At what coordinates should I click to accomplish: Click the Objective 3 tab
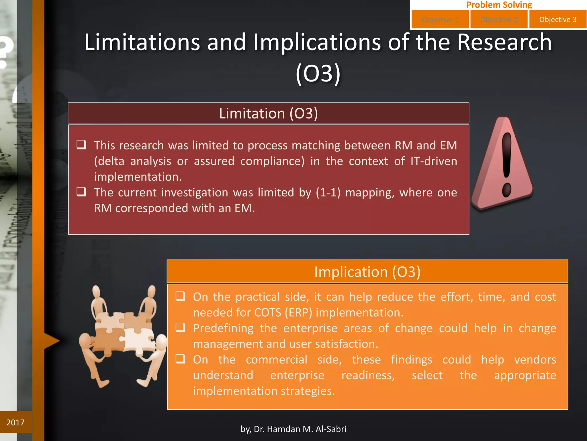tap(557, 20)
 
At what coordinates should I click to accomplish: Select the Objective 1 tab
tap(440, 20)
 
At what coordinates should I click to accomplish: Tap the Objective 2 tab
tap(499, 20)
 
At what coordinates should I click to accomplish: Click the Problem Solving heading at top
tap(499, 5)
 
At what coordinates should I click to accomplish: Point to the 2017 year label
tap(15, 422)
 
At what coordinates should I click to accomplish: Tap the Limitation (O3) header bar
tap(268, 113)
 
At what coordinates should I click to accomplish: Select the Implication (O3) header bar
tap(367, 272)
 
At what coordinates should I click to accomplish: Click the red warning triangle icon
tap(503, 164)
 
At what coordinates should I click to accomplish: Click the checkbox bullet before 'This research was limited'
tap(81, 144)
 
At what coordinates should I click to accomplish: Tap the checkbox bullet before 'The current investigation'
tap(81, 192)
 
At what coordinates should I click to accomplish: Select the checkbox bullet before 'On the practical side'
tap(180, 296)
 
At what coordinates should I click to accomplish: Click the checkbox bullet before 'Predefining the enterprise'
tap(180, 327)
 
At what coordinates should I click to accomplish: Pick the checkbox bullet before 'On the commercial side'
tap(180, 359)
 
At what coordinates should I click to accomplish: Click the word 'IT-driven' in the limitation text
tap(434, 161)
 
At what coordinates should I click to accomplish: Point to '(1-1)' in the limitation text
tap(328, 192)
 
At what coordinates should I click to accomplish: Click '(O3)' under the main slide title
tap(318, 73)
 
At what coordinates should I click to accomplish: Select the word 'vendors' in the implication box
tap(535, 360)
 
